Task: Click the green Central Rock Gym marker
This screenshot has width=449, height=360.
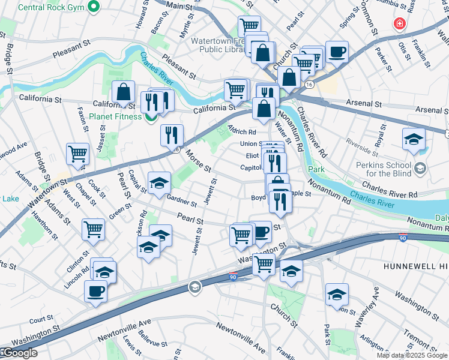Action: pyautogui.click(x=93, y=7)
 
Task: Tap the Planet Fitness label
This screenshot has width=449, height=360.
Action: pyautogui.click(x=116, y=116)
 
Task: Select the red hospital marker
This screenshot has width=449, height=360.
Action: pyautogui.click(x=398, y=25)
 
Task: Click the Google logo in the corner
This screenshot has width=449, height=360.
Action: pyautogui.click(x=19, y=353)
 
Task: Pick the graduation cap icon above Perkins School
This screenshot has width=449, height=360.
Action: pyautogui.click(x=413, y=139)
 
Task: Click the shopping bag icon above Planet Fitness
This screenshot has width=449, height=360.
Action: pyautogui.click(x=124, y=92)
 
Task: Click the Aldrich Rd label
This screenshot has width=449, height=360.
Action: pyautogui.click(x=242, y=129)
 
